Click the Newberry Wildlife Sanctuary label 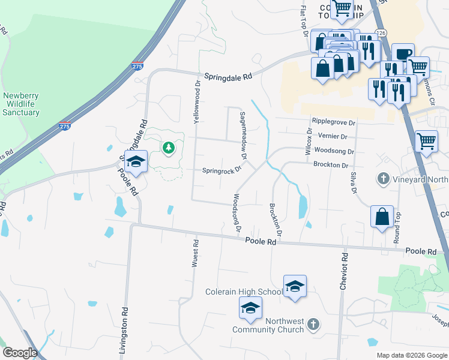point(20,103)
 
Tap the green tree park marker point(169,147)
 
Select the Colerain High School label point(244,292)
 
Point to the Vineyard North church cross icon point(383,178)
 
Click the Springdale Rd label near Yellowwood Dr point(228,77)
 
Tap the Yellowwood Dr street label point(196,102)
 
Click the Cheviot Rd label point(344,271)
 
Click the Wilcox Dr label point(309,142)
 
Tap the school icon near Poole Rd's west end point(136,161)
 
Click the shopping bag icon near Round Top point(382,216)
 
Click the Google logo point(20,353)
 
